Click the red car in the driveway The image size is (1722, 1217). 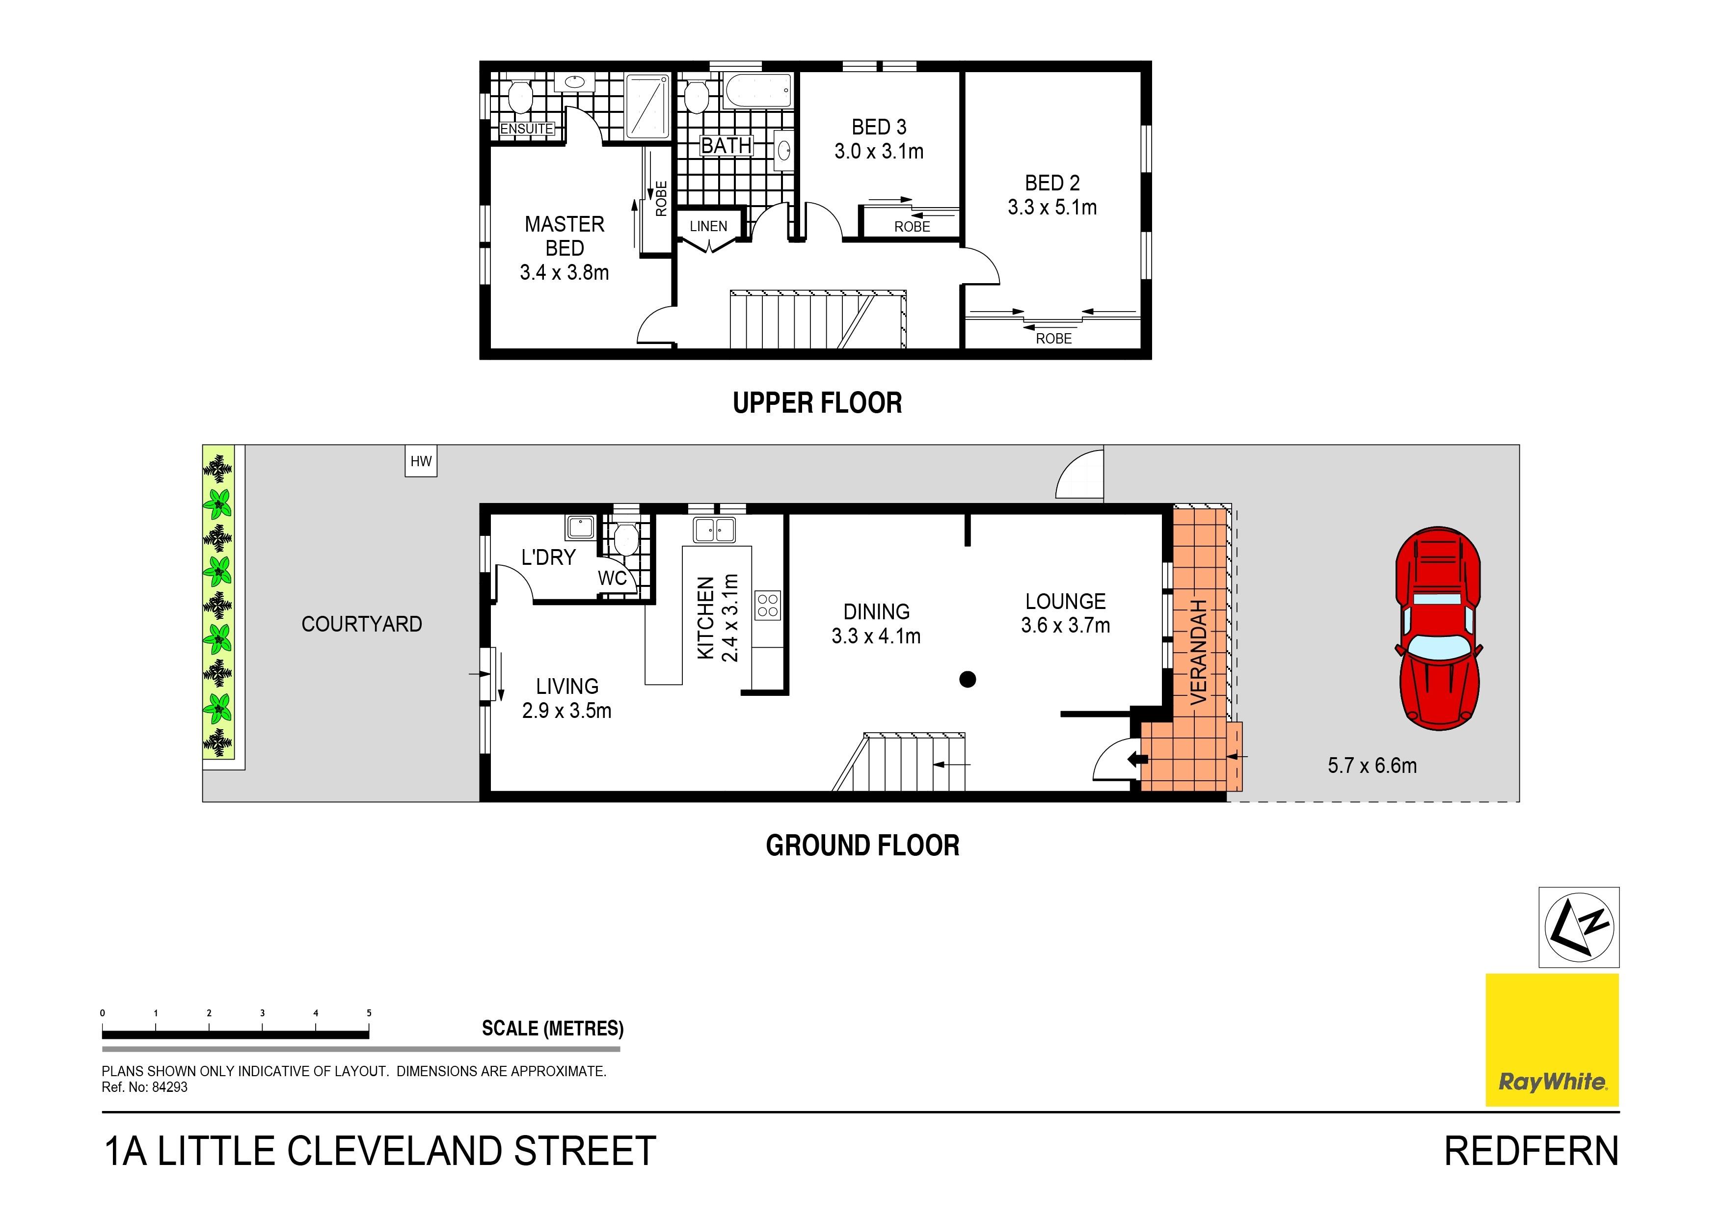tap(1438, 628)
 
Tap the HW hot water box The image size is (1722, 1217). tap(421, 461)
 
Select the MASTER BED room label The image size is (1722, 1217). tap(564, 236)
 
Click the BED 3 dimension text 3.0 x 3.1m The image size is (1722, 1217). tap(879, 152)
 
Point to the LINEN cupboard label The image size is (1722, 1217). tap(708, 226)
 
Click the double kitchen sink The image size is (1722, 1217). tap(714, 530)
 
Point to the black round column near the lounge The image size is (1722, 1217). tap(968, 679)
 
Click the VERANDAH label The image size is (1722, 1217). tap(1199, 652)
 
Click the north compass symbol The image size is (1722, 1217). tap(1579, 927)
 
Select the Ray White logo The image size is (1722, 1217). tap(1552, 1039)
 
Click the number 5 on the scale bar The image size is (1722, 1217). tap(369, 1013)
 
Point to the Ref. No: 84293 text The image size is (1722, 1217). tap(145, 1087)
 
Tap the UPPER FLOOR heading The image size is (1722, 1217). tap(817, 403)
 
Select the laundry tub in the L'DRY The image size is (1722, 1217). tap(581, 527)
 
